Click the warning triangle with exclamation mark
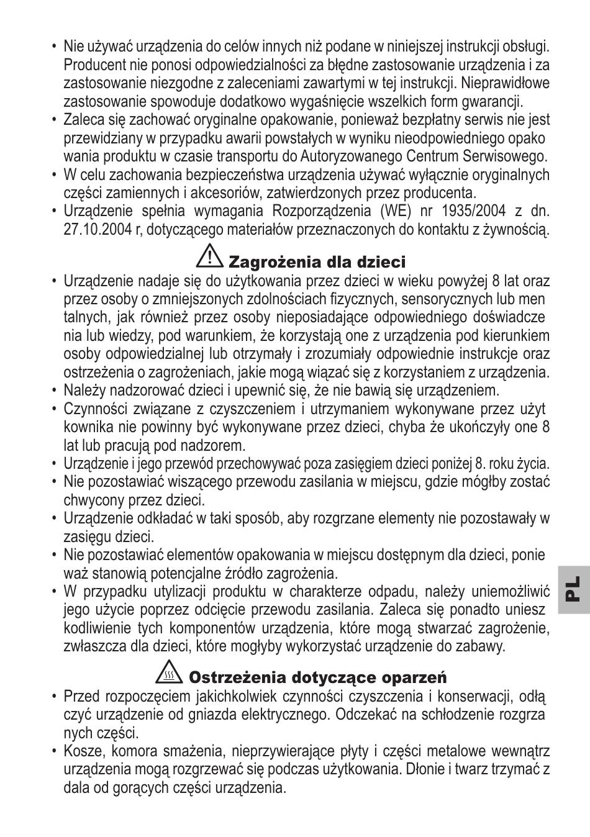click(x=211, y=255)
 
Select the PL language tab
click(x=573, y=589)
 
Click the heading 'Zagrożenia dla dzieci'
click(x=317, y=262)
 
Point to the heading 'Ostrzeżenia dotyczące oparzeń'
click(x=317, y=677)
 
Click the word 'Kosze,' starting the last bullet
click(x=83, y=751)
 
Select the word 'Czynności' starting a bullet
click(x=94, y=409)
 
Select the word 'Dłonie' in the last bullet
click(x=427, y=770)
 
